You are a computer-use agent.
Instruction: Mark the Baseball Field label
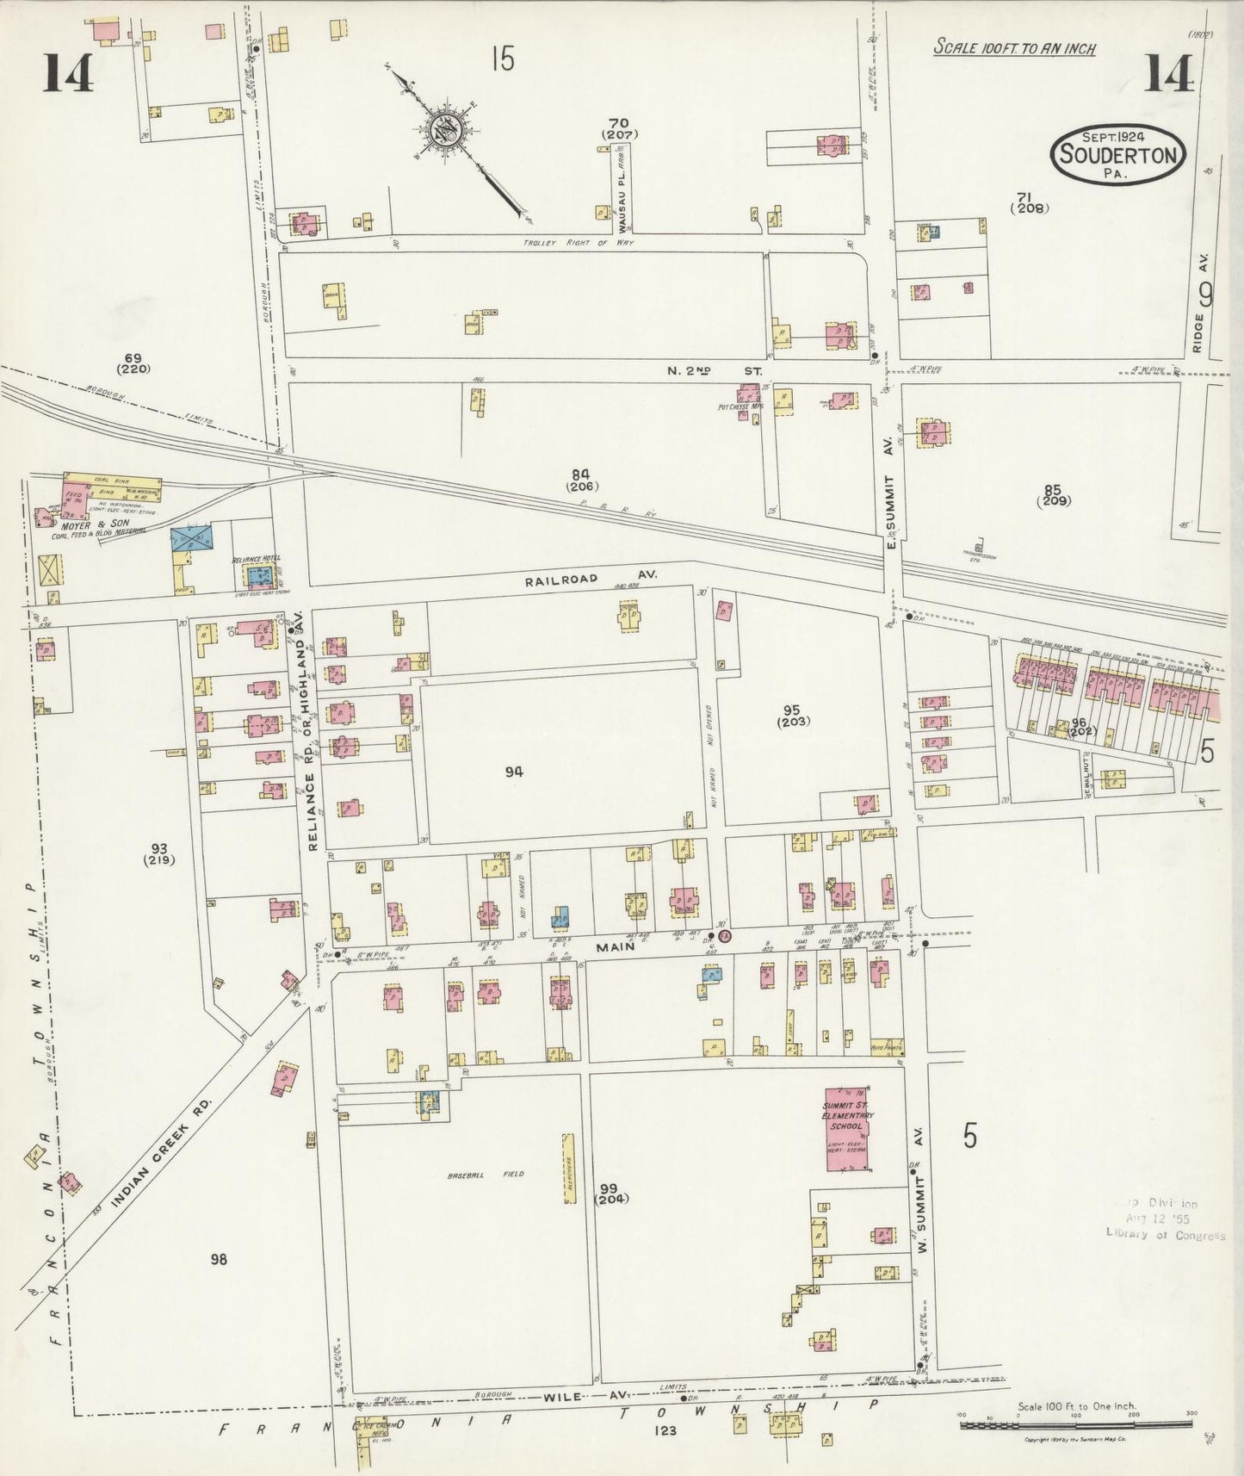click(x=485, y=1174)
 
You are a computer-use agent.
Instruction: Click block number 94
click(x=514, y=772)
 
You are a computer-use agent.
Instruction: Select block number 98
click(x=219, y=1259)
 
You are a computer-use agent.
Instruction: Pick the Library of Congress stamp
click(x=1164, y=1219)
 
